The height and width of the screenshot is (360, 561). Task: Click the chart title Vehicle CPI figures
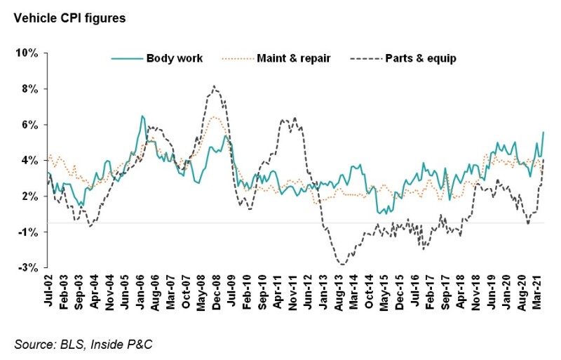click(x=65, y=18)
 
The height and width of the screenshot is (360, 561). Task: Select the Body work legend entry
click(x=174, y=58)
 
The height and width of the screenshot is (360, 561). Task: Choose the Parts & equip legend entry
click(x=420, y=58)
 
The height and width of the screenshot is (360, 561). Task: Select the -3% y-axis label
click(x=30, y=267)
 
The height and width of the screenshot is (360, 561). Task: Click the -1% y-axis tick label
click(x=30, y=232)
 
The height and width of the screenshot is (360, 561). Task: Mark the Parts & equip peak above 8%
click(x=214, y=86)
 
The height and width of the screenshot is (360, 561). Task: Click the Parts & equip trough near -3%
click(x=342, y=265)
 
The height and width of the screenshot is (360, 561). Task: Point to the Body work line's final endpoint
click(x=543, y=132)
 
